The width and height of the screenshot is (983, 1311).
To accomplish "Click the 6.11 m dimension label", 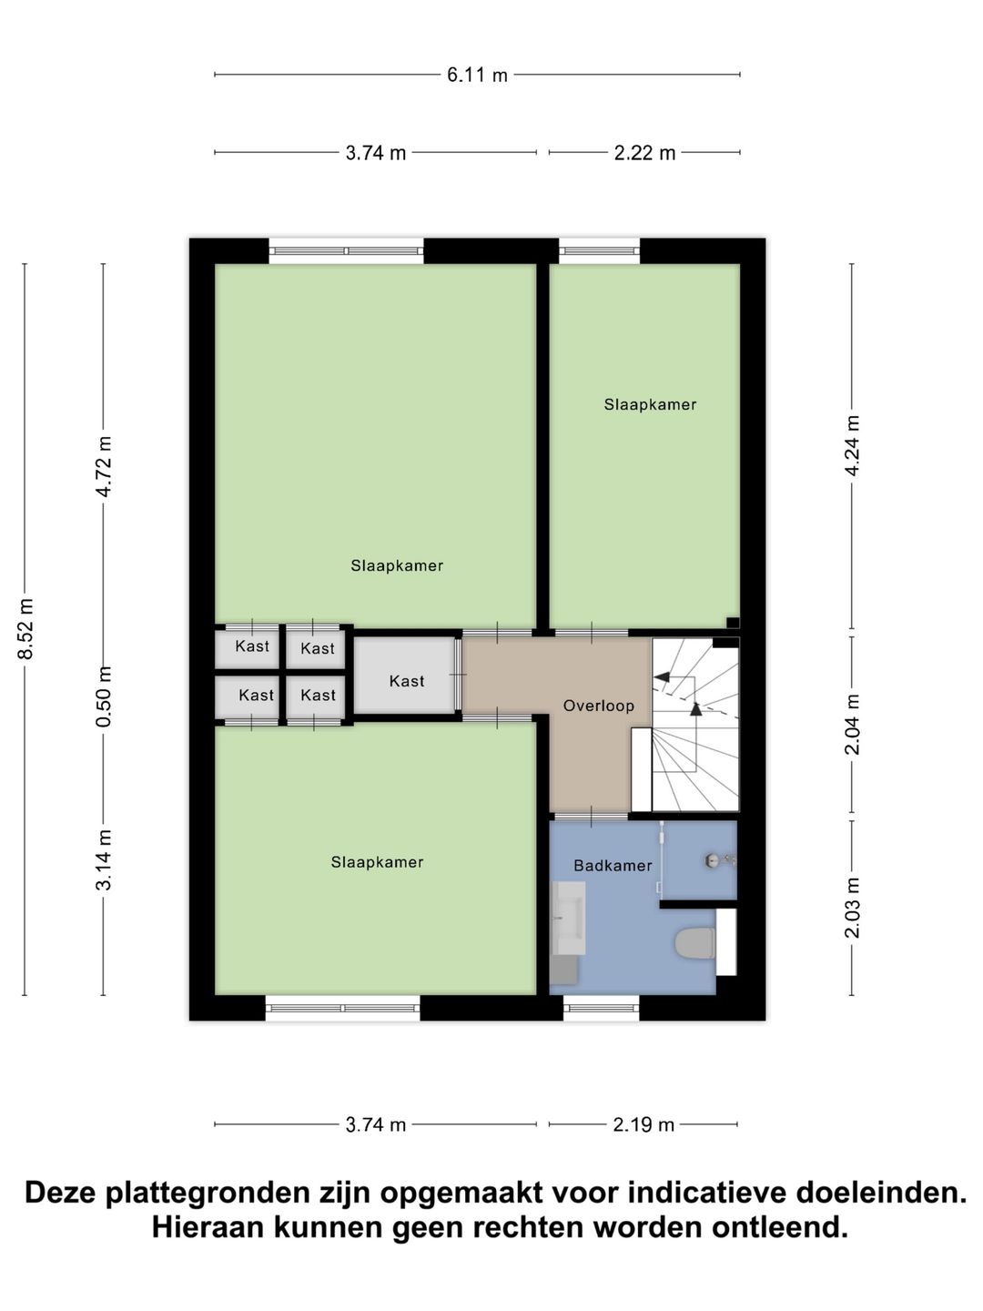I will pyautogui.click(x=477, y=75).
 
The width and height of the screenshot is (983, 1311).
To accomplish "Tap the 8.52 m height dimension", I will pyautogui.click(x=25, y=629).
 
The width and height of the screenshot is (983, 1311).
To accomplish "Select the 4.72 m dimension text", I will pyautogui.click(x=104, y=466).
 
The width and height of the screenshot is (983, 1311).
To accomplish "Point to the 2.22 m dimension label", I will pyautogui.click(x=644, y=153).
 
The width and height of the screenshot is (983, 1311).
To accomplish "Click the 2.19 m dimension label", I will pyautogui.click(x=644, y=1124).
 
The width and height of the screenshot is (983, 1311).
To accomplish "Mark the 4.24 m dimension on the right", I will pyautogui.click(x=852, y=446).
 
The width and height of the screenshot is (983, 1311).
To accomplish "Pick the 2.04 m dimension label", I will pyautogui.click(x=852, y=724).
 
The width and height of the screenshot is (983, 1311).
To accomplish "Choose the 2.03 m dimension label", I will pyautogui.click(x=852, y=908).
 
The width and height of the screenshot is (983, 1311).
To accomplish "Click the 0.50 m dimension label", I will pyautogui.click(x=104, y=696).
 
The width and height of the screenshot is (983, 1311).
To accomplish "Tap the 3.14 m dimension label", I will pyautogui.click(x=104, y=860).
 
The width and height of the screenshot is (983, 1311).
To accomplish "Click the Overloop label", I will pyautogui.click(x=598, y=706).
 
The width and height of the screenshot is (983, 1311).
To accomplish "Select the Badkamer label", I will pyautogui.click(x=613, y=866).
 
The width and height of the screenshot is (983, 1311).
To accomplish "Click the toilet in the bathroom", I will pyautogui.click(x=695, y=943).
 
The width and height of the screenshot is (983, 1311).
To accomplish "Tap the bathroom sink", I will pyautogui.click(x=568, y=918).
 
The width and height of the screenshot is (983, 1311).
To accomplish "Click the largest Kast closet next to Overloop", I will pyautogui.click(x=406, y=681).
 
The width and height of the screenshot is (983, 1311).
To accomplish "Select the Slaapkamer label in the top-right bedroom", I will pyautogui.click(x=650, y=405).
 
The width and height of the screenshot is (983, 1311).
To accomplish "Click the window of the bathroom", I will pyautogui.click(x=601, y=1007).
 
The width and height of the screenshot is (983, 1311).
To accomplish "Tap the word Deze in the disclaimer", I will pyautogui.click(x=63, y=1193).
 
